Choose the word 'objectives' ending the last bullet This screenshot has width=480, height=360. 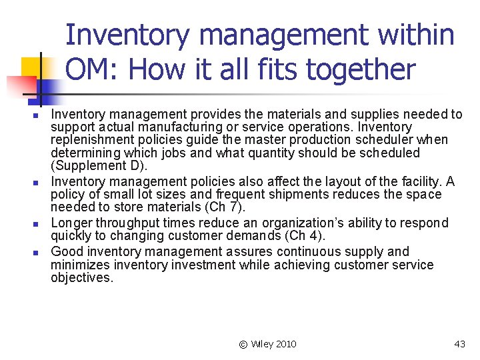coord(81,278)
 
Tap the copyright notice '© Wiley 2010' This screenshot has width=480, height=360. coord(267,344)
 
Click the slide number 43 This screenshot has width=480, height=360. coord(459,344)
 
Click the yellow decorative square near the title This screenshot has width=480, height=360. coord(31,68)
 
